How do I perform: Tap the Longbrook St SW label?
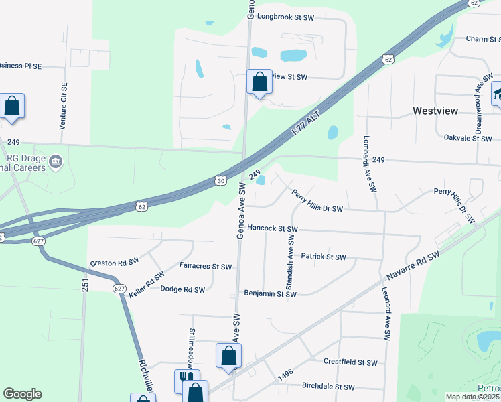click(x=285, y=17)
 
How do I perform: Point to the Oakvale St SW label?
click(x=468, y=137)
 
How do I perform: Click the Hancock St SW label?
click(x=272, y=228)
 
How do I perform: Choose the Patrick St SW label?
click(x=324, y=257)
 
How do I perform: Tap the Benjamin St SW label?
click(x=270, y=294)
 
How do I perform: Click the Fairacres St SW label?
click(x=206, y=266)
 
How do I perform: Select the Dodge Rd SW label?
click(x=183, y=289)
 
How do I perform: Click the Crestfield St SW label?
click(x=350, y=362)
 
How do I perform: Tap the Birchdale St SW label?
click(x=328, y=387)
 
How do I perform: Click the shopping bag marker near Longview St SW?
click(x=259, y=82)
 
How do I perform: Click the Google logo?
click(x=22, y=394)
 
